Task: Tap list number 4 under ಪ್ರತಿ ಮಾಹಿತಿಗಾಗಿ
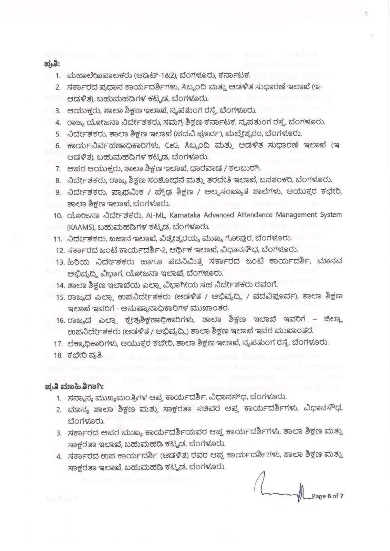point(59,457)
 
